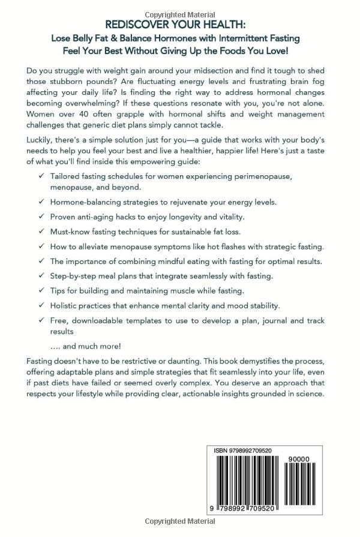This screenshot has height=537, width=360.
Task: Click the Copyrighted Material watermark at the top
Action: [x=179, y=12]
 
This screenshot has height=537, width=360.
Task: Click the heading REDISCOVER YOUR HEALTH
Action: [x=179, y=26]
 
